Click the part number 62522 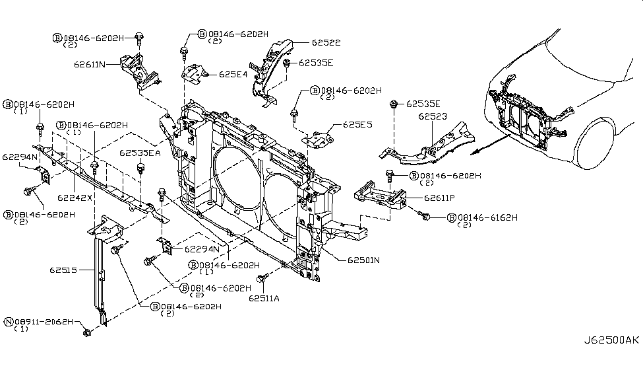(326, 42)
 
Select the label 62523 (433, 116)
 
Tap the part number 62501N (355, 260)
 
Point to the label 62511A (264, 298)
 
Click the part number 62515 (63, 270)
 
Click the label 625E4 (233, 75)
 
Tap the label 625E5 (357, 124)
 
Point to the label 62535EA (140, 153)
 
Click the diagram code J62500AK (611, 340)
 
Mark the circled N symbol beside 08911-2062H (9, 322)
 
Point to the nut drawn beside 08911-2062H (87, 332)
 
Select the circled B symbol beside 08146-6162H (452, 217)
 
